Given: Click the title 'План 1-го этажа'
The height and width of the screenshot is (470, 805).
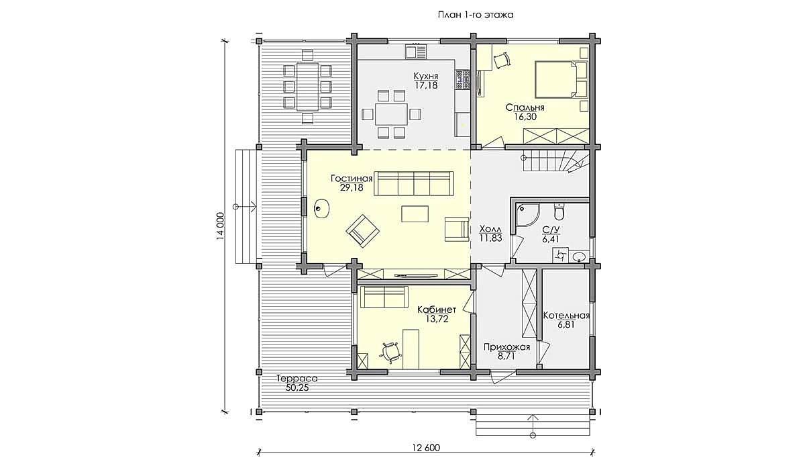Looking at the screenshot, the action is [x=476, y=15].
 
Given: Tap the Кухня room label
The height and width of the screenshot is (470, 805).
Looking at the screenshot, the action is [x=426, y=77].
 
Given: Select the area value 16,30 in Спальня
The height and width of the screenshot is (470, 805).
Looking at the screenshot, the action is [x=525, y=117].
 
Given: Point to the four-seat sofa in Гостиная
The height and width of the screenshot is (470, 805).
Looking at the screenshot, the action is [x=414, y=183].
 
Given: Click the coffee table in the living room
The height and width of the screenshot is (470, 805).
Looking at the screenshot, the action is [x=415, y=214].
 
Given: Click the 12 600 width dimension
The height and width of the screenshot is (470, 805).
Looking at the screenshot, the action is [x=426, y=448].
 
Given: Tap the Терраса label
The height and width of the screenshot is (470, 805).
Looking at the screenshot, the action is [x=297, y=378].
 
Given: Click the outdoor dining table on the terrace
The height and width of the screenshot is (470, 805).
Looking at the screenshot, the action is [x=307, y=87].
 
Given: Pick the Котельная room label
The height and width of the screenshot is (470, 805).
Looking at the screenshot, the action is [x=566, y=316].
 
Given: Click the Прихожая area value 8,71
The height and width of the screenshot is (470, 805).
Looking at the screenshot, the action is [x=506, y=356].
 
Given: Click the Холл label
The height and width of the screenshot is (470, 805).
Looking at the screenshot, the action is [x=490, y=229].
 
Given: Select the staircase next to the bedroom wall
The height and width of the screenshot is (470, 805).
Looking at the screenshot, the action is [x=555, y=162].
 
